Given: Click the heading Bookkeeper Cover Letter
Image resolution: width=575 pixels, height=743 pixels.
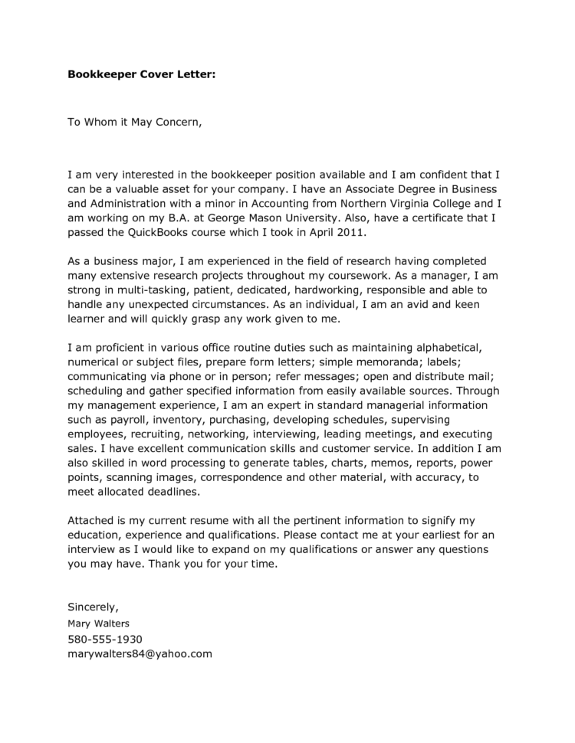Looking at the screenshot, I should click(142, 75).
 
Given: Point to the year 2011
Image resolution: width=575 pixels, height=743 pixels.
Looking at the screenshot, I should click(352, 231).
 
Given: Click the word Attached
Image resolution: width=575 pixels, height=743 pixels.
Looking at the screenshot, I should click(94, 521).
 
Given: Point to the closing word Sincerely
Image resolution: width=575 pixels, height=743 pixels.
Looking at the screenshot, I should click(93, 607).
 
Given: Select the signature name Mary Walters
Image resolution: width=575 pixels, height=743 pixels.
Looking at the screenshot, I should click(99, 624).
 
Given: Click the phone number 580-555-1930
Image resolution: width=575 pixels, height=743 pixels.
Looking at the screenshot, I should click(105, 639).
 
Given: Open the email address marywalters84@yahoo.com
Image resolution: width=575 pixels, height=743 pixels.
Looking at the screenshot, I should click(140, 653).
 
